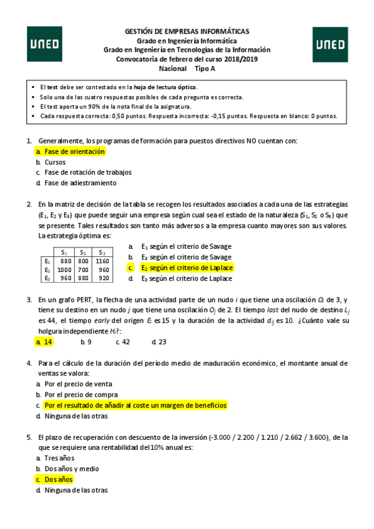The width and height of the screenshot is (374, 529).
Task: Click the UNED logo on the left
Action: click(x=44, y=44)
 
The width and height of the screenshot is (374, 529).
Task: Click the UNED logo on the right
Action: click(x=329, y=44)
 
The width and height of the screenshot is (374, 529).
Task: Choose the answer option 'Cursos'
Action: click(x=55, y=162)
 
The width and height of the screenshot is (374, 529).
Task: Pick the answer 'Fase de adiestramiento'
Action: click(x=80, y=183)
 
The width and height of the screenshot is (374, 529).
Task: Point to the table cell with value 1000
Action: click(x=64, y=269)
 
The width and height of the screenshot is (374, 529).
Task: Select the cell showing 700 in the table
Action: click(x=83, y=269)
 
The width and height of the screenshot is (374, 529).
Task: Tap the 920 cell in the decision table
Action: click(x=103, y=278)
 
